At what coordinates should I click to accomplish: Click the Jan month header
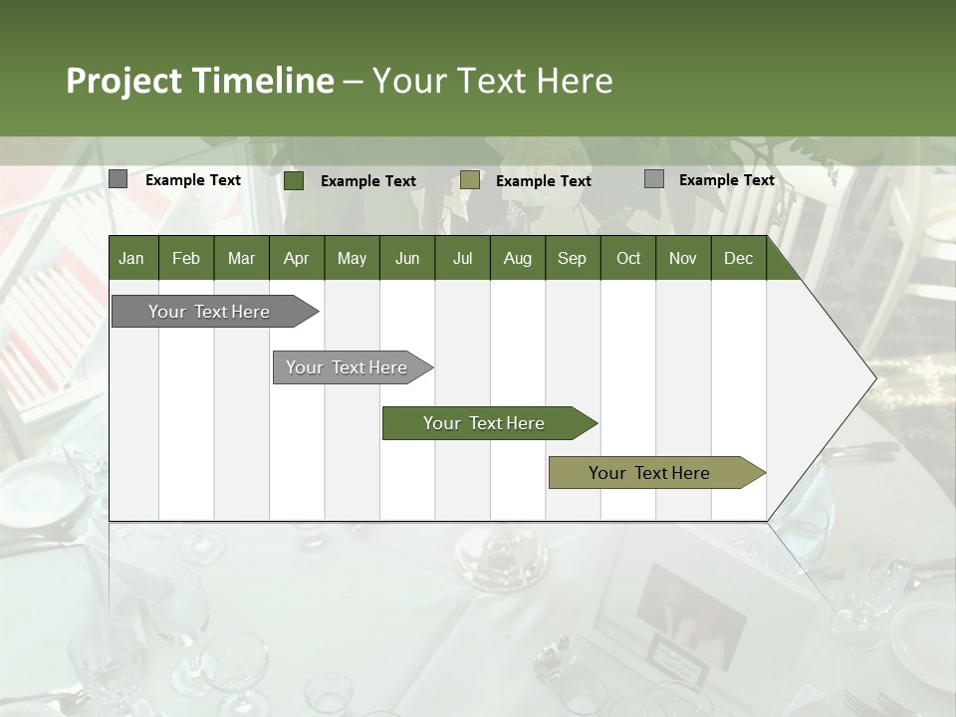pyautogui.click(x=132, y=258)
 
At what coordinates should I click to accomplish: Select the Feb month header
pyautogui.click(x=186, y=258)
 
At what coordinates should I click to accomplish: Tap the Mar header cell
pyautogui.click(x=241, y=258)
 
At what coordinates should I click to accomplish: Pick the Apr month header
pyautogui.click(x=297, y=258)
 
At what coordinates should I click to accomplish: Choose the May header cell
pyautogui.click(x=352, y=258)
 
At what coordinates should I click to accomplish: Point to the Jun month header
pyautogui.click(x=407, y=258)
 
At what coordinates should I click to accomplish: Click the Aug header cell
pyautogui.click(x=517, y=258)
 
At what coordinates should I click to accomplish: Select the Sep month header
pyautogui.click(x=573, y=258)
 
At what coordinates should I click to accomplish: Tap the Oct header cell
pyautogui.click(x=628, y=258)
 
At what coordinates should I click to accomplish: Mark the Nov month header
pyautogui.click(x=683, y=258)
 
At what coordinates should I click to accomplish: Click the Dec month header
pyautogui.click(x=738, y=258)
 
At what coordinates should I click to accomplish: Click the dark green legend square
pyautogui.click(x=294, y=180)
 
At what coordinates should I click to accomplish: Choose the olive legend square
pyautogui.click(x=470, y=180)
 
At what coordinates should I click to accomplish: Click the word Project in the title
pyautogui.click(x=125, y=81)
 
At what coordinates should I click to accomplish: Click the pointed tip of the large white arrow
pyautogui.click(x=873, y=378)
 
